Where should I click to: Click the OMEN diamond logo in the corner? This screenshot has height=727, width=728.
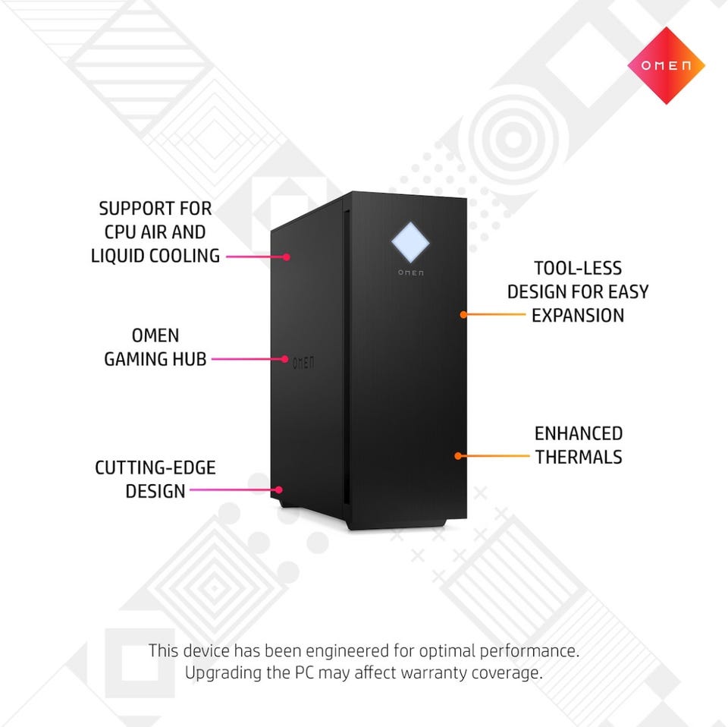[x=666, y=65]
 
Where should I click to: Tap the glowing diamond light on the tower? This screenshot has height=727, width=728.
[x=410, y=242]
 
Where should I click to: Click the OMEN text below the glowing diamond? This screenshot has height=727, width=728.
[x=411, y=272]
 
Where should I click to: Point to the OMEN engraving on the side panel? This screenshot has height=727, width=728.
[x=303, y=362]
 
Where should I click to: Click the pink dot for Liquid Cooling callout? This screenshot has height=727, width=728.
[x=287, y=257]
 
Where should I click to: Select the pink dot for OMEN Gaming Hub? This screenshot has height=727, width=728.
[x=285, y=359]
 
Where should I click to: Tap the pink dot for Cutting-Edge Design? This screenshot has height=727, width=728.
[x=278, y=489]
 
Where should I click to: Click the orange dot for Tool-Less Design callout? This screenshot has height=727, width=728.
[x=463, y=314]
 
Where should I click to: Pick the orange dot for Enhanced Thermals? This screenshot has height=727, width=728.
[x=458, y=456]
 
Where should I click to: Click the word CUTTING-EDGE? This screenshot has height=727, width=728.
[x=155, y=467]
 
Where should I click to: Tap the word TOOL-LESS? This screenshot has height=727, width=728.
[x=578, y=268]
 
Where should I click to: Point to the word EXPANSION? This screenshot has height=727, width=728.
[x=578, y=316]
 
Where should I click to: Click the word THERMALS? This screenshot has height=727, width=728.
[x=579, y=457]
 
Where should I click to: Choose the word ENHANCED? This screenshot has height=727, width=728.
[x=579, y=433]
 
